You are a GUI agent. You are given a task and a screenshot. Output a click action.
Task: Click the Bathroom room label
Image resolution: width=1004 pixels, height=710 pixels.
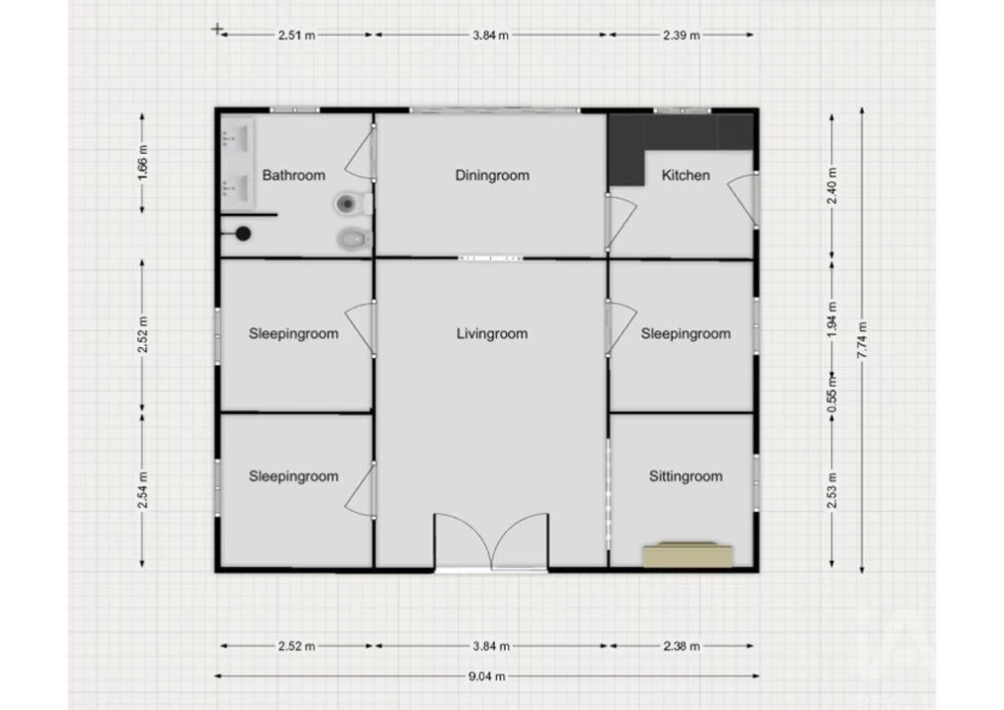(x=293, y=176)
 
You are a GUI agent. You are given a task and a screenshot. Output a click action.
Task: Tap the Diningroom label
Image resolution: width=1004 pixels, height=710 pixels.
(x=492, y=176)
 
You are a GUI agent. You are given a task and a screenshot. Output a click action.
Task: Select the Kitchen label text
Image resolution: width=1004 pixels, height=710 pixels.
(x=685, y=176)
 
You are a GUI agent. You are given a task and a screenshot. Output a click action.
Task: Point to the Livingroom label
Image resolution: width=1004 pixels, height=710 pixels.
(x=492, y=333)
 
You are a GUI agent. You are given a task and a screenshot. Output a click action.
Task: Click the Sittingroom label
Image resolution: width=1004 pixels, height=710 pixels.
(x=685, y=476)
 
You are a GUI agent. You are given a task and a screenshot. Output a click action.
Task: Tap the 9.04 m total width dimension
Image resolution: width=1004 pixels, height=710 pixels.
(x=486, y=676)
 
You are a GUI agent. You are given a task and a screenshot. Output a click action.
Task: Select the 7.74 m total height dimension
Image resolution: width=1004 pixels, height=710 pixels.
(x=862, y=340)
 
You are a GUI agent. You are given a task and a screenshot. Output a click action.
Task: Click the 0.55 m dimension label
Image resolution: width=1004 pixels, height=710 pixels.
(x=831, y=393)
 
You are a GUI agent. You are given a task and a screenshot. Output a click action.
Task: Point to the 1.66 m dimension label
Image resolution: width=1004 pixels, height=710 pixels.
(x=142, y=163)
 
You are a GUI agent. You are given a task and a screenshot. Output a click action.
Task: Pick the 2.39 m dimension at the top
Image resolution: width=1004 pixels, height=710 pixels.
(x=681, y=35)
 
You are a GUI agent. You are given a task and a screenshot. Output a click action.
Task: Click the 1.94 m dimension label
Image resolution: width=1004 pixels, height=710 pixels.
(x=831, y=319)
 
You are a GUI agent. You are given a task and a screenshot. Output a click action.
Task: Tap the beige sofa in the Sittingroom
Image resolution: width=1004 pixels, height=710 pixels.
(x=687, y=554)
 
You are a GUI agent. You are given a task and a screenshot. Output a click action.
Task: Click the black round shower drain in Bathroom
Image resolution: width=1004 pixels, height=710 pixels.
(x=243, y=235)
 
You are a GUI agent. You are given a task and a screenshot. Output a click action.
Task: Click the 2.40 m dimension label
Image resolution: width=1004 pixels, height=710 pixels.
(x=831, y=185)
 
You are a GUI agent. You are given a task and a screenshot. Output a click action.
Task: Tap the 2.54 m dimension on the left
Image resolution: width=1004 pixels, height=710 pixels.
(x=142, y=490)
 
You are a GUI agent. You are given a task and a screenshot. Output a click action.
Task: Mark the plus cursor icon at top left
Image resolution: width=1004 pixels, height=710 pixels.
(x=218, y=29)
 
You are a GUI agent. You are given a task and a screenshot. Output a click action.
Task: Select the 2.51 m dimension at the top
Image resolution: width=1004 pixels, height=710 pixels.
(x=297, y=35)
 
